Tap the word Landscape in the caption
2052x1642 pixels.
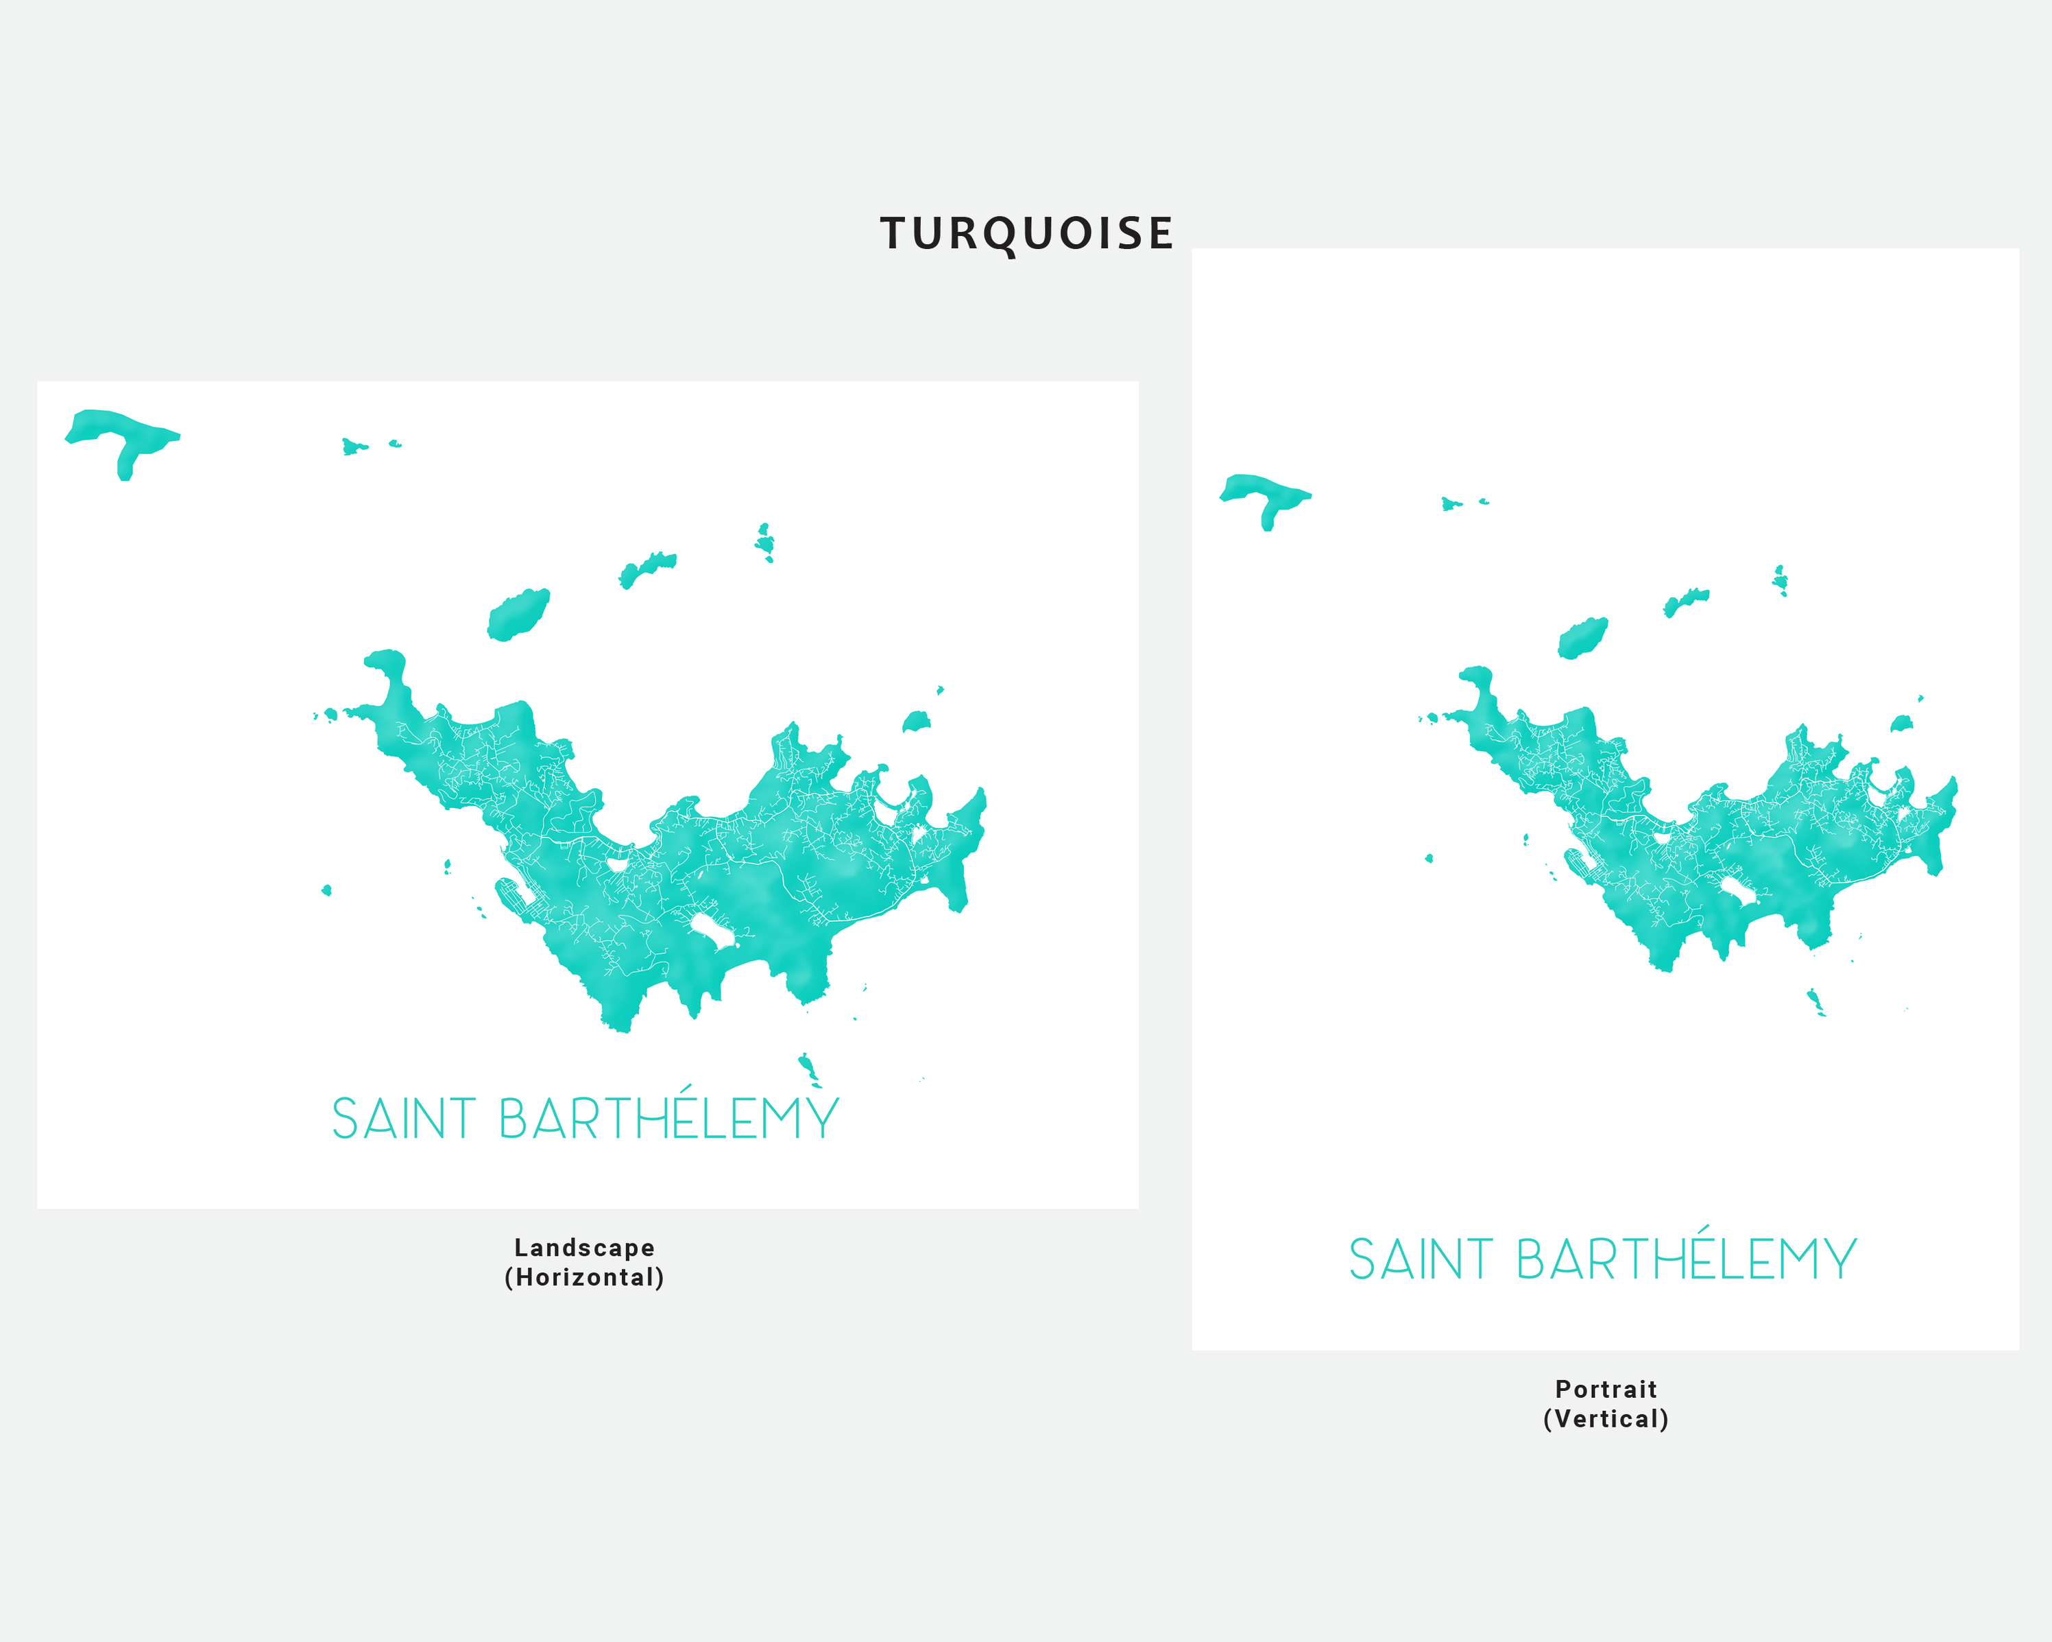pyautogui.click(x=584, y=1248)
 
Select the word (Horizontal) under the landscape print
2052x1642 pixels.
pyautogui.click(x=584, y=1277)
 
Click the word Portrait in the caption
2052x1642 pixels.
pyautogui.click(x=1606, y=1390)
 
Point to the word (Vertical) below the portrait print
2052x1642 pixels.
pyautogui.click(x=1606, y=1419)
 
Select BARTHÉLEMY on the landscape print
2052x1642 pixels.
pyautogui.click(x=668, y=1119)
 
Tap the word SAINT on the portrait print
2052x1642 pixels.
pyautogui.click(x=1420, y=1260)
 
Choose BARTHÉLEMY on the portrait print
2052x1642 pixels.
pyautogui.click(x=1686, y=1260)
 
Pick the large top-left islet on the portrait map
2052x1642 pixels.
pyautogui.click(x=1263, y=492)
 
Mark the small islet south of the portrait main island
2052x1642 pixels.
pyautogui.click(x=1814, y=1001)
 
